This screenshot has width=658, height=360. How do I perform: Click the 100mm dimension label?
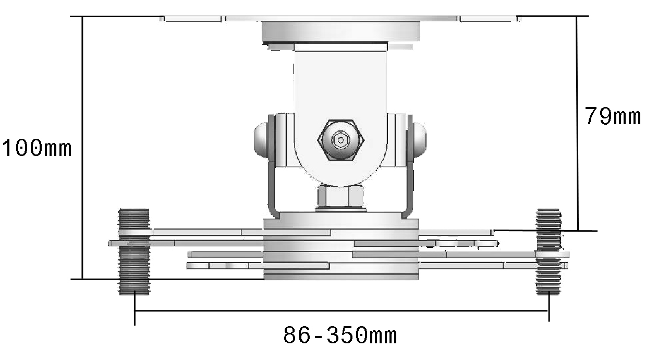(36, 149)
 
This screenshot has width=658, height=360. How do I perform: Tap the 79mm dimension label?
(612, 116)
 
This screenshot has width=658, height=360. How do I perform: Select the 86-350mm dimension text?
(340, 335)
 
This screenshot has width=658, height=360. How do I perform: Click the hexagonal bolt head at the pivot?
(341, 140)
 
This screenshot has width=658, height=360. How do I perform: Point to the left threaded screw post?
(134, 251)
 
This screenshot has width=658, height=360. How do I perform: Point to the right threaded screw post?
(549, 251)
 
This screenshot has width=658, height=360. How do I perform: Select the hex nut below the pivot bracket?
(340, 198)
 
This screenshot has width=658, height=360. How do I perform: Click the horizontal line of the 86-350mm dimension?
(342, 311)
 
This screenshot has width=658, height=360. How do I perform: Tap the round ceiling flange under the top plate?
(341, 31)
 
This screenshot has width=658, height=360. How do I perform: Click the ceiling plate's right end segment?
(488, 18)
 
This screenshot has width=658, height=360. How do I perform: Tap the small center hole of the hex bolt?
(341, 140)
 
